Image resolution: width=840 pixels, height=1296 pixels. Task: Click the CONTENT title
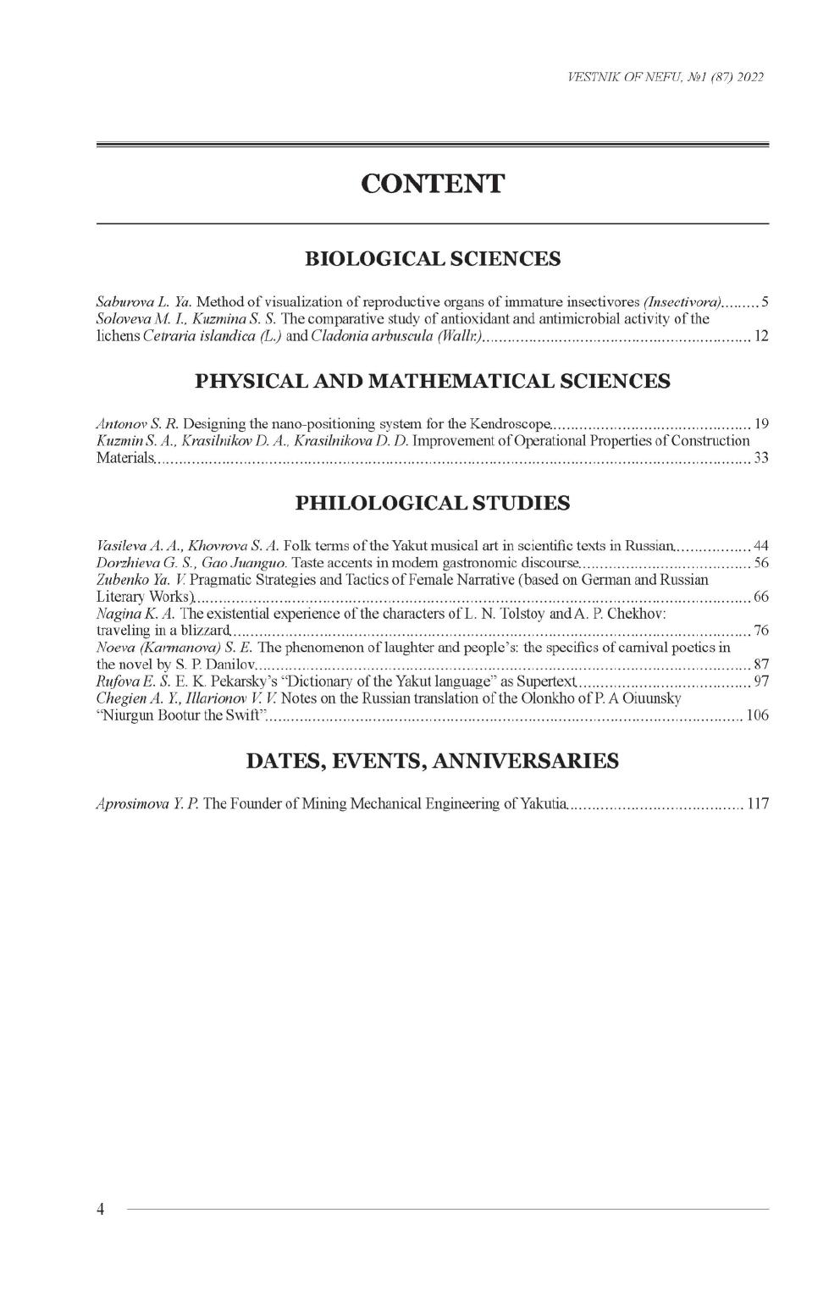432,183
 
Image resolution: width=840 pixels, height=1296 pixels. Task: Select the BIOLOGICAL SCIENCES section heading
432,258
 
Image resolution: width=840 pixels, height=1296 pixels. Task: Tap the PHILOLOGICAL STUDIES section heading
432,504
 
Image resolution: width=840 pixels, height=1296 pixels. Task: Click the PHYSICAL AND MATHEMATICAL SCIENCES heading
432,381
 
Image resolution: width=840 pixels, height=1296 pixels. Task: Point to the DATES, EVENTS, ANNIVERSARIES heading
432,761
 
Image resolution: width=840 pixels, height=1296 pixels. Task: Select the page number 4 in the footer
100,1209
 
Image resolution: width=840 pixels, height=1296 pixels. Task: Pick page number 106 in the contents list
757,717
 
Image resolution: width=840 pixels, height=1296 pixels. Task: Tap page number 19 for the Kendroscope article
760,422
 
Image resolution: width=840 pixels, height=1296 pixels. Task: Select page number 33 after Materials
760,459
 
